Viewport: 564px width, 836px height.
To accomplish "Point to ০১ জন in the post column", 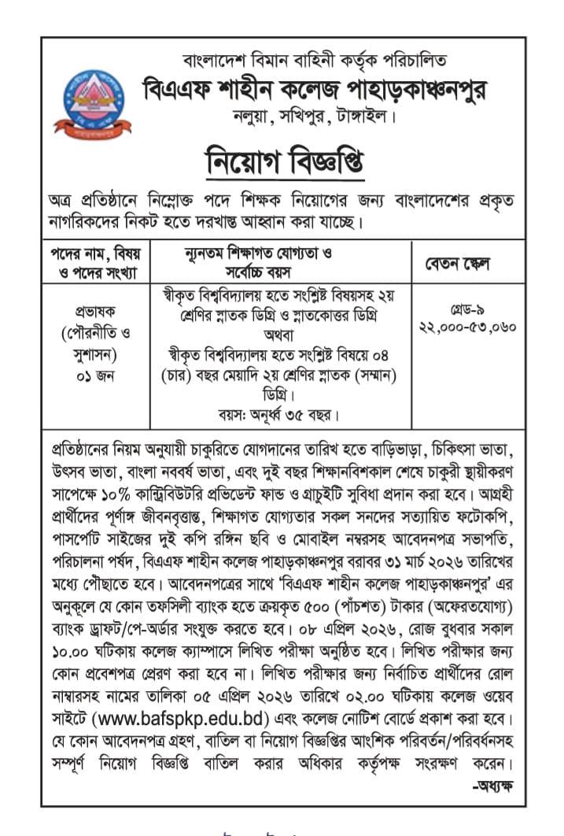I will pyautogui.click(x=94, y=375).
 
